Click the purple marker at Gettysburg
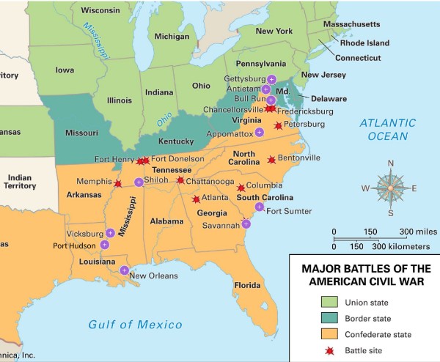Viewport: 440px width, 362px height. (271, 79)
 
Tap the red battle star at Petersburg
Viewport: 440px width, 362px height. (277, 125)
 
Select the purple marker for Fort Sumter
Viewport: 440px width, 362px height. (259, 207)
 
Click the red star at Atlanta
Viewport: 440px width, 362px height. (196, 199)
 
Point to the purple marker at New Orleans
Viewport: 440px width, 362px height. (124, 270)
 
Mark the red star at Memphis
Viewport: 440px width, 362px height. (118, 183)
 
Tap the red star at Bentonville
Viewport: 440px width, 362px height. (271, 159)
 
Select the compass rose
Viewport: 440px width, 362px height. (390, 188)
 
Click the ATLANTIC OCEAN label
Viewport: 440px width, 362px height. (387, 129)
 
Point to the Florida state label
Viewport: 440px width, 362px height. (248, 284)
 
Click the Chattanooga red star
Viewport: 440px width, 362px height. (180, 180)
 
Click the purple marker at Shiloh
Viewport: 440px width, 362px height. (139, 182)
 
